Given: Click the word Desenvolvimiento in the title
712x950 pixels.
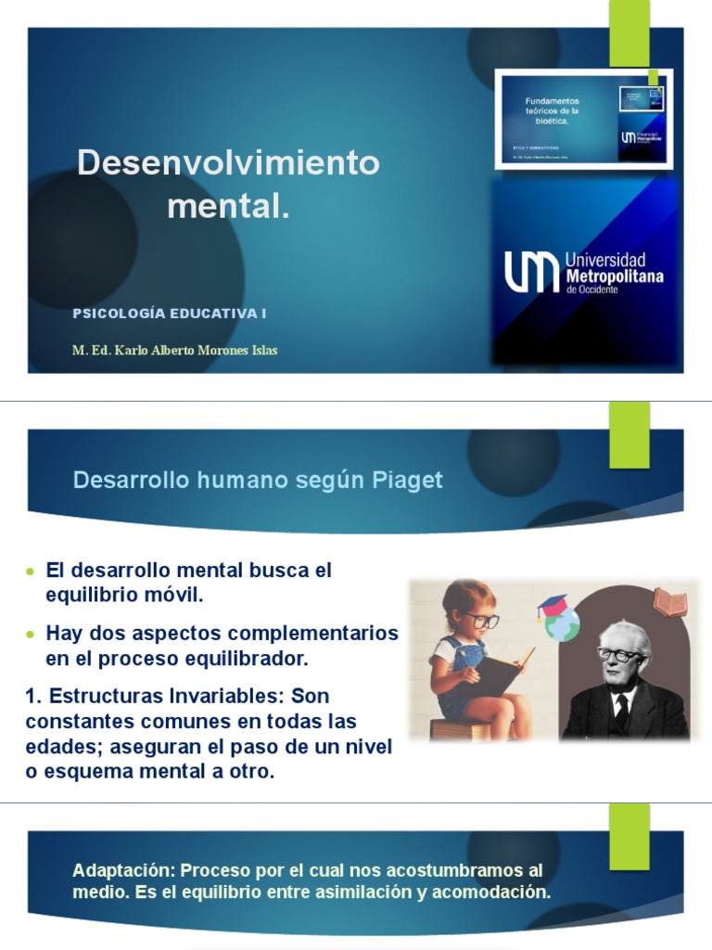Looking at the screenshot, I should click(x=228, y=163).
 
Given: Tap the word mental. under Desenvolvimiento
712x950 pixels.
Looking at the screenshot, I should click(x=228, y=206).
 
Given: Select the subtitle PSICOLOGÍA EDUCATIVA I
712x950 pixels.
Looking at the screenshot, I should click(x=170, y=314).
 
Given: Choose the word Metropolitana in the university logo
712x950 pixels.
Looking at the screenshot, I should click(x=614, y=276).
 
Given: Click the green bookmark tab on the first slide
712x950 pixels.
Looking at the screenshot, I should click(x=629, y=32).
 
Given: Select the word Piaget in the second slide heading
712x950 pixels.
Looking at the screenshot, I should click(x=407, y=481).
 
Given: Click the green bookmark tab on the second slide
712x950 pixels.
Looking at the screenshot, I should click(x=629, y=434).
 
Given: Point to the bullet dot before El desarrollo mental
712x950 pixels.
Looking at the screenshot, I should click(x=32, y=571).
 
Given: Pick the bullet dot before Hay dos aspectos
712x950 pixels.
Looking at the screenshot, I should click(x=32, y=635).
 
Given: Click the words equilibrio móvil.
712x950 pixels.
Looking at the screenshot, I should click(x=124, y=596).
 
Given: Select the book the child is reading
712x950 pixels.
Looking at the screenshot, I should click(x=498, y=674).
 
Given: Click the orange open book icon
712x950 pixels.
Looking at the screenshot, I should click(x=669, y=602).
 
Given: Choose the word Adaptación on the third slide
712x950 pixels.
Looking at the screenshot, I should click(x=123, y=871).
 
